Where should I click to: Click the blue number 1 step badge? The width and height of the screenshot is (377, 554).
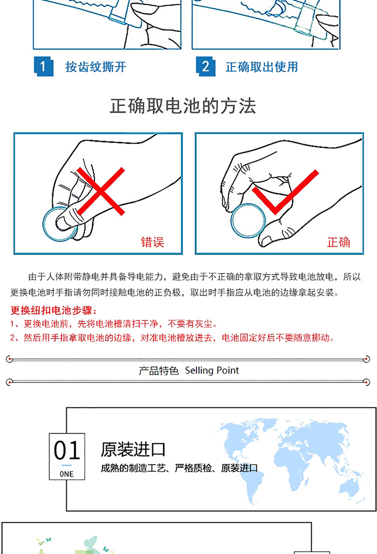click(44, 66)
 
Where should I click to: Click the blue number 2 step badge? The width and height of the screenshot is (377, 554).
click(206, 66)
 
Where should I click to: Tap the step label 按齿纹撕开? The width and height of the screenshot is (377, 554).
click(96, 67)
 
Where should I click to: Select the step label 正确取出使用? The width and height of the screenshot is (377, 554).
click(262, 67)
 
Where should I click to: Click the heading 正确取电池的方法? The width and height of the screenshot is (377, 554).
click(183, 105)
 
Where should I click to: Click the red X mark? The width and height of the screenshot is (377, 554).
click(101, 191)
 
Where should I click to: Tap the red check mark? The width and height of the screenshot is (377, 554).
click(285, 192)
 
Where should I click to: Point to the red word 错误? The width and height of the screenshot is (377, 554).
click(152, 242)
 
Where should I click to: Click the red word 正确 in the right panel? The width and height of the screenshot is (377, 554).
click(338, 242)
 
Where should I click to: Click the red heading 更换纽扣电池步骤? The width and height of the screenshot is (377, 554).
click(53, 310)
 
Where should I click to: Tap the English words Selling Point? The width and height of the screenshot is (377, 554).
click(212, 370)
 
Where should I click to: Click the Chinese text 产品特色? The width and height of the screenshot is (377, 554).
click(159, 371)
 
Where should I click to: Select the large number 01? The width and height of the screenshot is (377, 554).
click(67, 451)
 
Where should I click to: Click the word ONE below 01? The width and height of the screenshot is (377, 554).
click(67, 474)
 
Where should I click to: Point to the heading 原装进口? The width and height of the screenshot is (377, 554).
click(133, 450)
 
